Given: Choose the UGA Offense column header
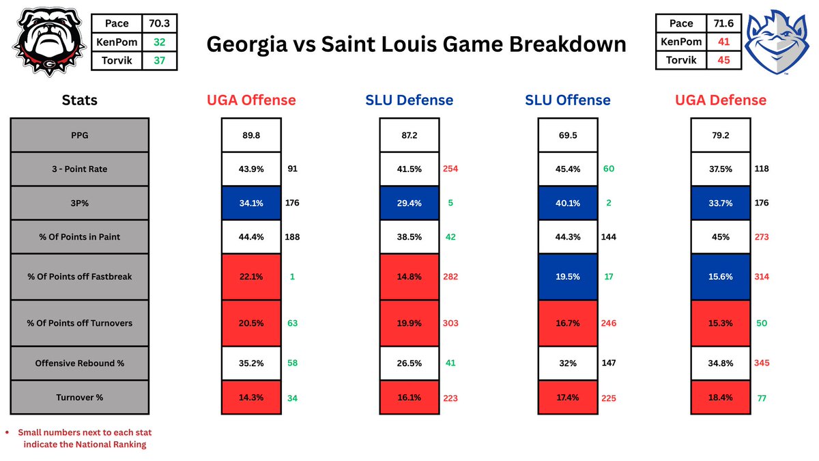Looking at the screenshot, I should click(x=250, y=100).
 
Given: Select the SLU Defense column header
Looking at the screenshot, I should click(x=409, y=100).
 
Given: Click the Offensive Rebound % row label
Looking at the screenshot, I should click(x=80, y=363).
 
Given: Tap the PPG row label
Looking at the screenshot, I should click(x=80, y=135).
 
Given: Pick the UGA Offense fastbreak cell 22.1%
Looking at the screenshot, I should click(x=250, y=277).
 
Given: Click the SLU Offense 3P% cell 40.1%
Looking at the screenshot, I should click(x=567, y=203).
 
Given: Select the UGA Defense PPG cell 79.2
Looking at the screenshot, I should click(x=720, y=135).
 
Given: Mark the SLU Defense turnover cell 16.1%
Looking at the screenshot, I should click(x=409, y=397).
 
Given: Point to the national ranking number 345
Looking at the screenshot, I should click(x=762, y=363).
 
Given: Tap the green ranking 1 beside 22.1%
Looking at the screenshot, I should click(x=291, y=277).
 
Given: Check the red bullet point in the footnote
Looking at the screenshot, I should click(x=7, y=432).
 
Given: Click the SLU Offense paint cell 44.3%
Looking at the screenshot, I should click(x=567, y=237).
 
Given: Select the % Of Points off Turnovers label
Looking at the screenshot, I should click(x=80, y=323).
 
